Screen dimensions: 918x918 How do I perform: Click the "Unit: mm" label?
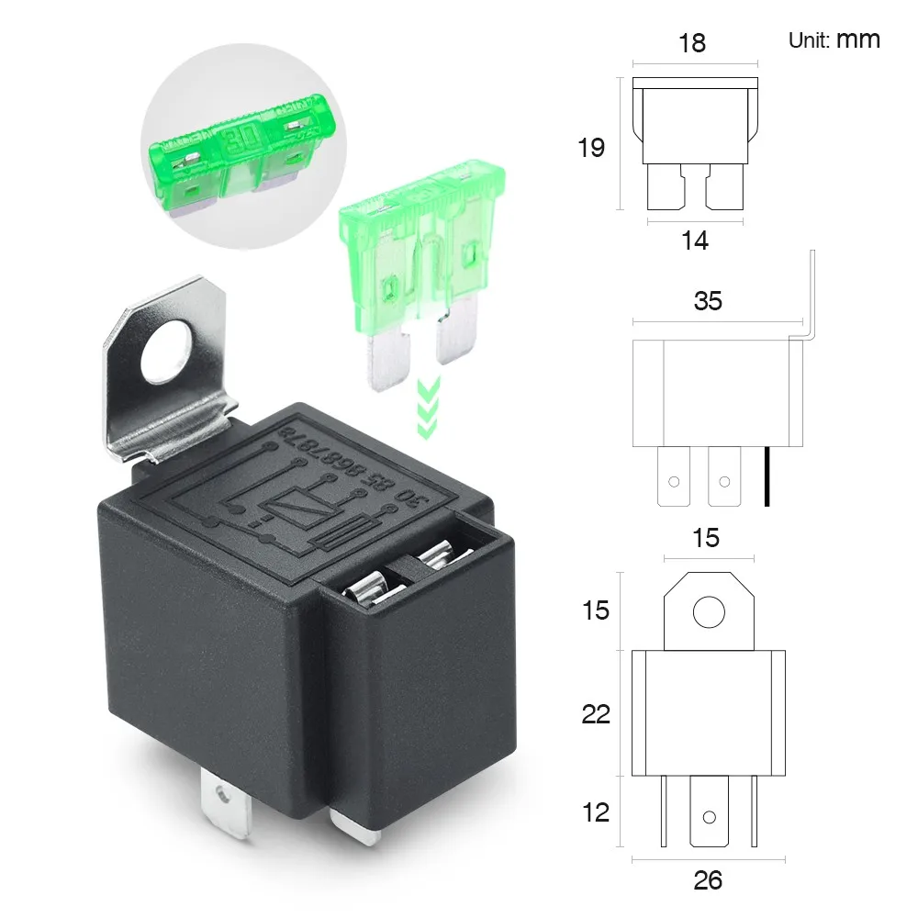click(x=834, y=39)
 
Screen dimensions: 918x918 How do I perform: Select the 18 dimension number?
click(x=692, y=43)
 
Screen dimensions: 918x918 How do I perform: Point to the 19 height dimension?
click(x=591, y=147)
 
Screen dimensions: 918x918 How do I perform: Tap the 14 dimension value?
click(x=695, y=241)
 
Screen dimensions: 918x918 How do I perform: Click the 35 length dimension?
click(x=708, y=300)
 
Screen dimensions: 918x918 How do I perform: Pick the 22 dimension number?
click(x=596, y=713)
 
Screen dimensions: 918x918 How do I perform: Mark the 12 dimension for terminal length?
click(x=596, y=812)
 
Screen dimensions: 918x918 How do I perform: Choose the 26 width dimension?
click(x=708, y=880)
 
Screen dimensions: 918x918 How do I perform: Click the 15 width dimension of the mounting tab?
click(x=706, y=538)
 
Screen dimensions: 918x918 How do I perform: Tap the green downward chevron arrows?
click(x=428, y=404)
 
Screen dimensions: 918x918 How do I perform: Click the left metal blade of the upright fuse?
click(x=390, y=361)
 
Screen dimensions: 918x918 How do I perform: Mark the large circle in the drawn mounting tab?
click(x=708, y=611)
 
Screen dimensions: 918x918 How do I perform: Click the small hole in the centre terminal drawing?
click(x=708, y=817)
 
